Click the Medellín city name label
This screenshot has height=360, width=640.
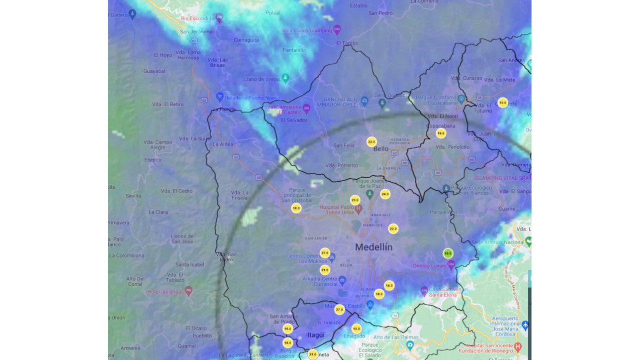[x=373, y=247]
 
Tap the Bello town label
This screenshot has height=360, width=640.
[x=380, y=149]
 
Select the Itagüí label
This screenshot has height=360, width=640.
[x=316, y=335]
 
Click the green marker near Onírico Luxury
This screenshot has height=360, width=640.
[x=448, y=253]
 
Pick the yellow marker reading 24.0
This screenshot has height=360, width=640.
[x=385, y=194]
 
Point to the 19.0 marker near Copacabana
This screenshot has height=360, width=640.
[x=440, y=133]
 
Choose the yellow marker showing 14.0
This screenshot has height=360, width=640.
[x=389, y=285]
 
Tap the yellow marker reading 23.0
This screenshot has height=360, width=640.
[x=355, y=200]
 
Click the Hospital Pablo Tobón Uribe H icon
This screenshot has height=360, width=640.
[x=358, y=208]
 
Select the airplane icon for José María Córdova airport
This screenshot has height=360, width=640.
[x=524, y=325]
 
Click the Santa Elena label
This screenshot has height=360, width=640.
[x=442, y=295]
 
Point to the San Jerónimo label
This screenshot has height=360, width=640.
[x=196, y=31]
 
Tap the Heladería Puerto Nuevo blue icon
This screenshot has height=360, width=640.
[x=219, y=96]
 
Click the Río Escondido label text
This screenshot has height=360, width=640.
[x=197, y=18]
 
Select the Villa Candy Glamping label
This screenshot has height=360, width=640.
[x=307, y=30]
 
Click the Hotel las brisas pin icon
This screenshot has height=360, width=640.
[x=188, y=290]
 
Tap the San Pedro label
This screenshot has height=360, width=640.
[x=380, y=13]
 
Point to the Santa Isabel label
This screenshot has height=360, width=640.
[x=190, y=264]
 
